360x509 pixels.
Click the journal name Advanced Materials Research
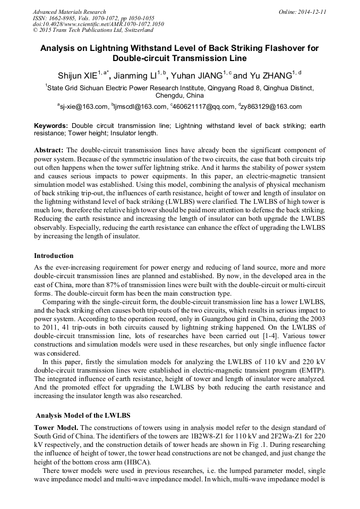point(69,12)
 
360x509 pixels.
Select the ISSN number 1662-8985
point(66,18)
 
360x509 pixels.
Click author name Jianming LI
point(140,75)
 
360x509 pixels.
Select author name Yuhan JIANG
point(198,75)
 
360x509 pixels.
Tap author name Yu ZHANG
point(271,75)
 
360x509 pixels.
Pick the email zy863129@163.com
point(271,107)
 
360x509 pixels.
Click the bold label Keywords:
point(52,126)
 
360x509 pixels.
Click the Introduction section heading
point(54,256)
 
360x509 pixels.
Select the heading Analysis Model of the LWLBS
point(83,415)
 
